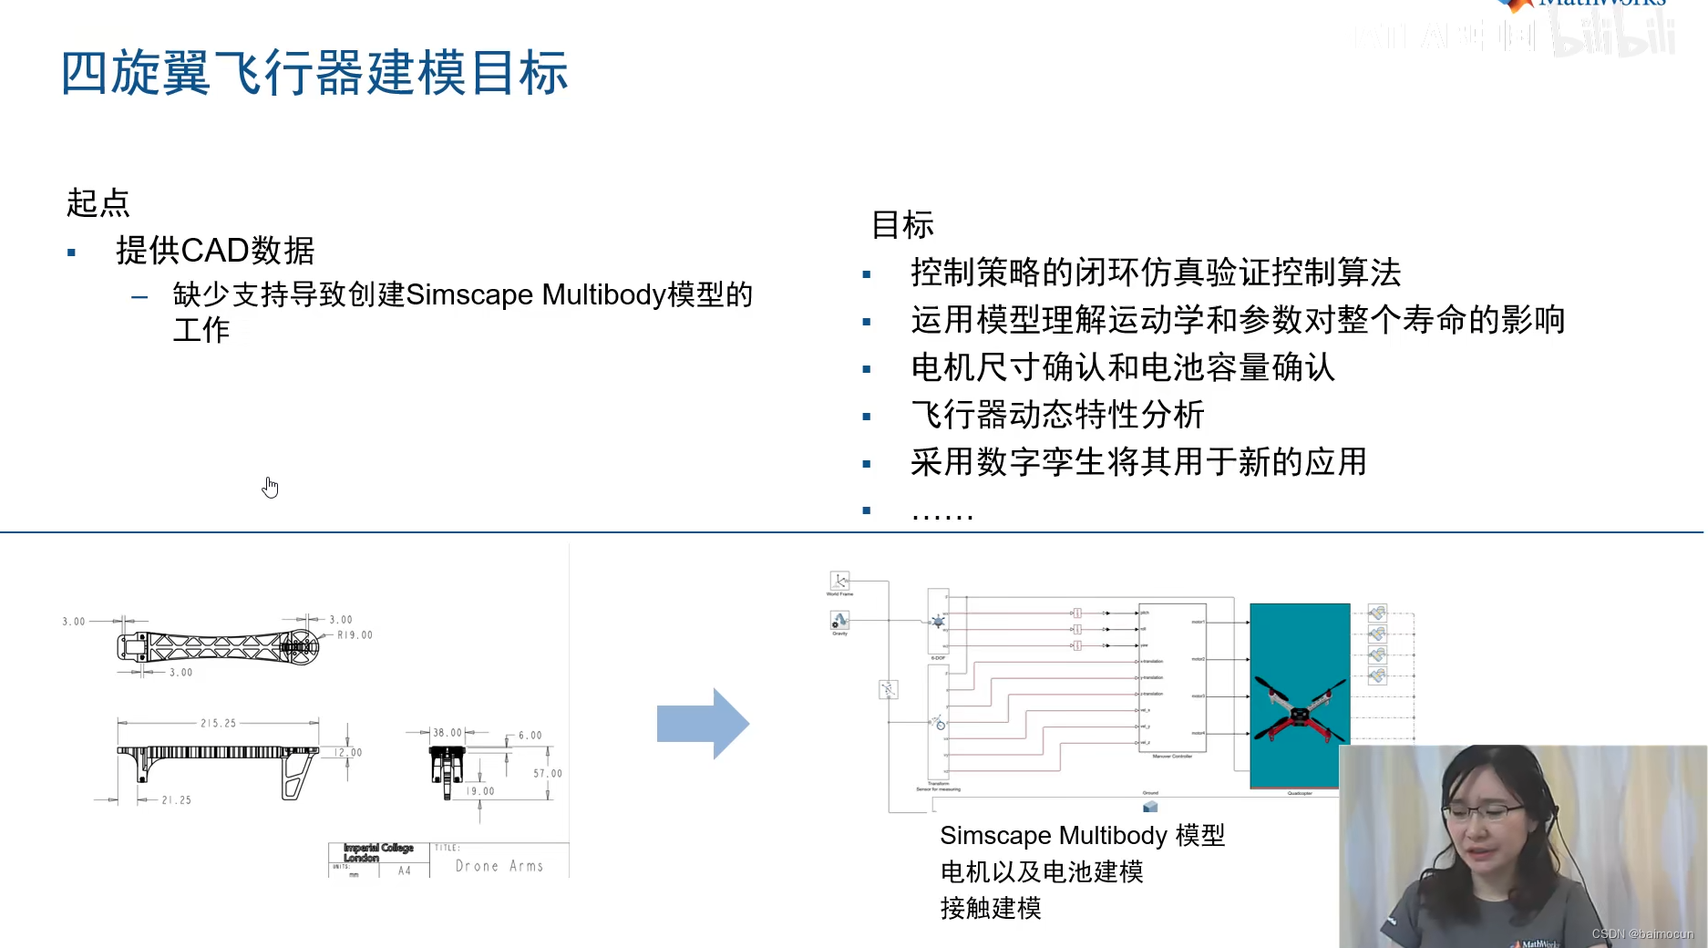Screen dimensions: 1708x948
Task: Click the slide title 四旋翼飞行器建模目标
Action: click(314, 73)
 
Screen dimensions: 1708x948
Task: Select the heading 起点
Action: click(98, 202)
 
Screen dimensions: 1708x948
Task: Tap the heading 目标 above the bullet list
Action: click(902, 224)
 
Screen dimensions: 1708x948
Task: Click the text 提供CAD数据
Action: click(215, 251)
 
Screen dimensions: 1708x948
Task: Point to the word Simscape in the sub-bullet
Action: click(469, 295)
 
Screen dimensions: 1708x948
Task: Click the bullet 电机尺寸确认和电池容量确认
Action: click(1123, 367)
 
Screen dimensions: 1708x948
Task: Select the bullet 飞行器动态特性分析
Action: click(1057, 415)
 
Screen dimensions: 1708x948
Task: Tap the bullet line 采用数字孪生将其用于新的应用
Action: click(1138, 462)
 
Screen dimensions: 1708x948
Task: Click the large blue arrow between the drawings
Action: click(703, 724)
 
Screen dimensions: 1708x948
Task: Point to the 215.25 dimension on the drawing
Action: click(218, 724)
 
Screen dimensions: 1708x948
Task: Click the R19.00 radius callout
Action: click(355, 635)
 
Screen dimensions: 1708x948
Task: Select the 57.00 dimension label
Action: click(548, 774)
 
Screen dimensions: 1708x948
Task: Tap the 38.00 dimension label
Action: click(447, 733)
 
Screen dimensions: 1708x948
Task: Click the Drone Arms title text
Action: click(499, 866)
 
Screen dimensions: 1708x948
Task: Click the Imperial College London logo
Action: click(378, 852)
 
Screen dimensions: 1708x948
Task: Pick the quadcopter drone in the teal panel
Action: click(1300, 710)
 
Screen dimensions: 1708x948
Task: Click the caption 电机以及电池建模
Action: click(1042, 872)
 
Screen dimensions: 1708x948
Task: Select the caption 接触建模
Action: click(991, 909)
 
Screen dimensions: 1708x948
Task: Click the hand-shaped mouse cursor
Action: click(270, 488)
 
